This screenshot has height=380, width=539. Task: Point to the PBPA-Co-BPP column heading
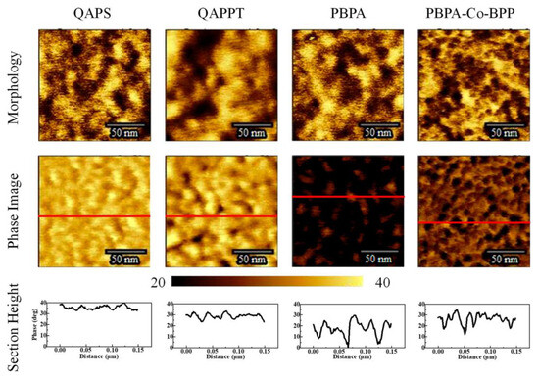[x=466, y=13]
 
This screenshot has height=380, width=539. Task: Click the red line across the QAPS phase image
[x=89, y=215]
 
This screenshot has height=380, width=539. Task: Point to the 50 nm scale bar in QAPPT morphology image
[x=251, y=126]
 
